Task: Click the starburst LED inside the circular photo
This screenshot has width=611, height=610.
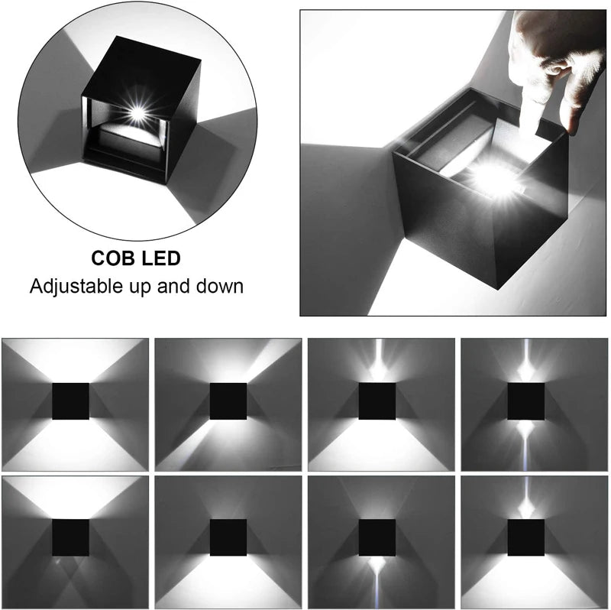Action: click(137, 113)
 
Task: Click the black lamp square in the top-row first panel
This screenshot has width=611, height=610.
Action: click(70, 401)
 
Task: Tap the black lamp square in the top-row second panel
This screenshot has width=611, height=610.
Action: click(228, 401)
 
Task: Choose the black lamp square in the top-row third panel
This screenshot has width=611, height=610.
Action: click(377, 401)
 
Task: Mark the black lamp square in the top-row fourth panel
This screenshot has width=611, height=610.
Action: click(526, 401)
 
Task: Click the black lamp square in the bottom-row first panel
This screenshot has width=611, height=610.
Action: click(70, 537)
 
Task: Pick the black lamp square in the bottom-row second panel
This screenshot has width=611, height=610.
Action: click(228, 537)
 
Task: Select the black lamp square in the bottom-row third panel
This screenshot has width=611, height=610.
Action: click(377, 537)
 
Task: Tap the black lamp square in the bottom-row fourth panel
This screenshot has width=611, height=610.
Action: click(526, 537)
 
